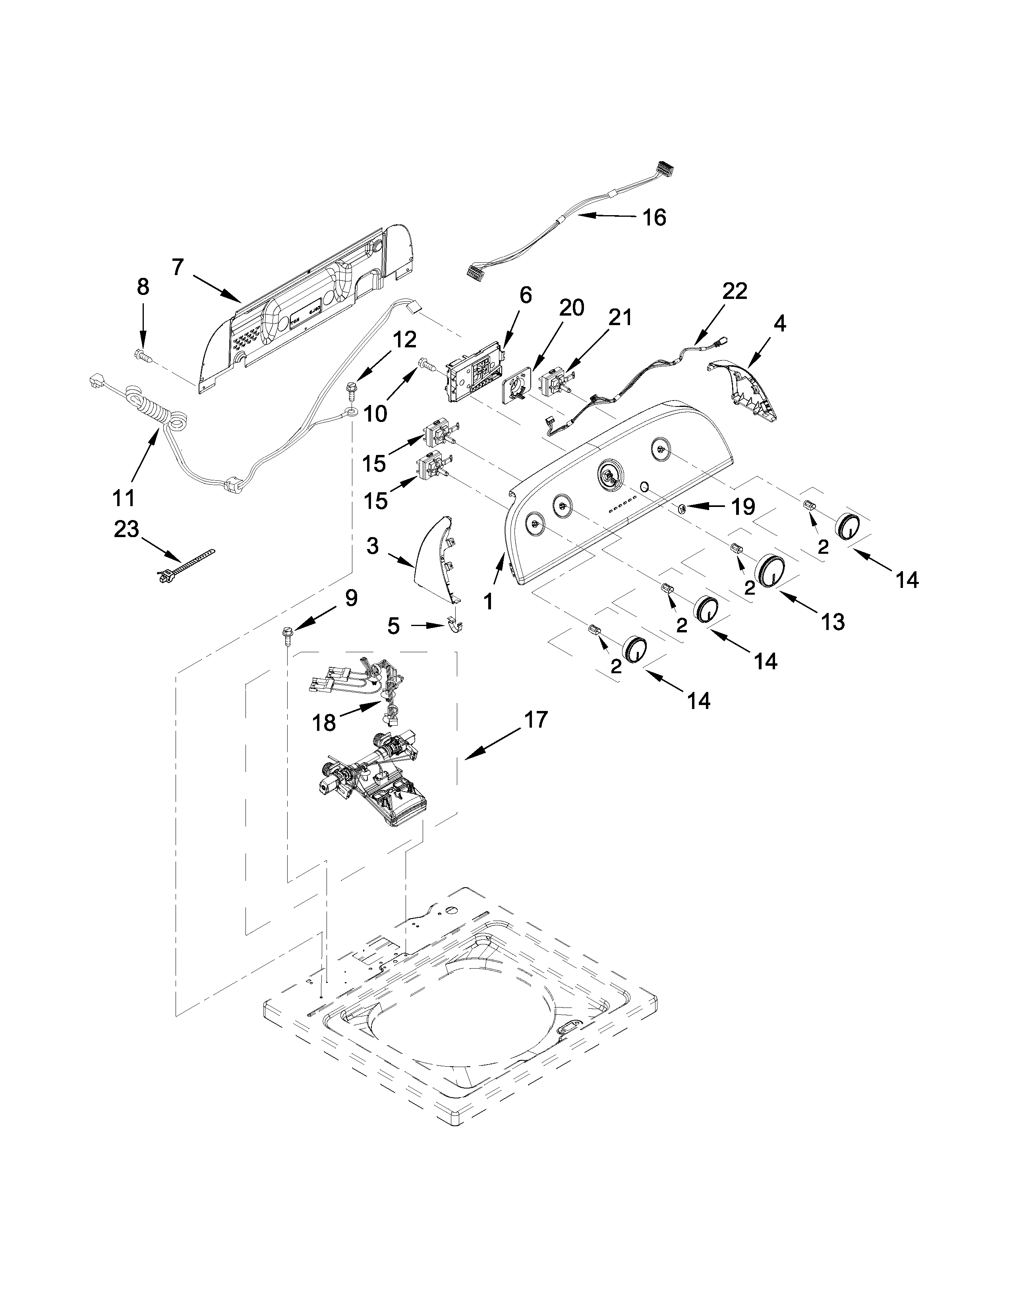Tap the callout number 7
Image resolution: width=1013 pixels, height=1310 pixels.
pos(177,266)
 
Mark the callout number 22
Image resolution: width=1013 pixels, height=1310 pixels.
pos(735,291)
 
